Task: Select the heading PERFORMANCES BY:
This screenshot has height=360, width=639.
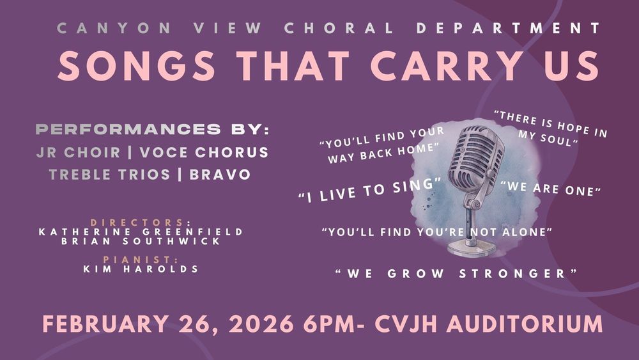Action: (x=152, y=130)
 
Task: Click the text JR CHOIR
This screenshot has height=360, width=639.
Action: (x=79, y=153)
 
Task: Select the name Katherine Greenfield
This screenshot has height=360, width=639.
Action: (x=141, y=231)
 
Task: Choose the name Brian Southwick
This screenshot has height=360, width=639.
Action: (x=141, y=241)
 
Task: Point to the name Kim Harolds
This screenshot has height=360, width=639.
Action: (x=141, y=269)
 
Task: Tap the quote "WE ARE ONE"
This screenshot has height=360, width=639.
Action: (x=551, y=189)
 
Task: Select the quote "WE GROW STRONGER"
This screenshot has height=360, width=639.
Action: (x=457, y=274)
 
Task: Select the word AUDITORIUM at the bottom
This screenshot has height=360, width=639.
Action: (x=524, y=324)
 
